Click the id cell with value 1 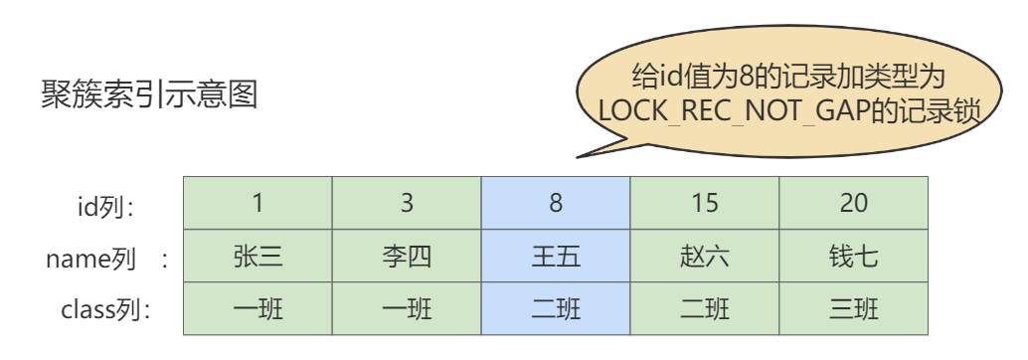pos(257,203)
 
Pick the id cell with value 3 pos(407,203)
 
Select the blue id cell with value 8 pos(556,203)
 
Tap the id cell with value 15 pos(705,203)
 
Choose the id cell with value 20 pos(853,203)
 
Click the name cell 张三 pos(257,257)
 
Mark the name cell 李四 pos(407,257)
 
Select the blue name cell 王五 pos(556,257)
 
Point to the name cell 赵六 pos(705,257)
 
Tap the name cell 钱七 pos(853,257)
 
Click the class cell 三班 pos(853,309)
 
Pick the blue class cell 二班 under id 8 pos(556,309)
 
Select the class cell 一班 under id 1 pos(257,309)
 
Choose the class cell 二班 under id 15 pos(705,309)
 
